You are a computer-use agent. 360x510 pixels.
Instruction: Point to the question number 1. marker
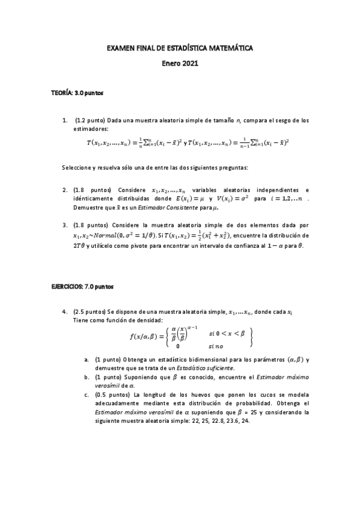[x=64, y=120]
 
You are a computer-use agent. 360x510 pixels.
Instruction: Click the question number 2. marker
[x=64, y=190]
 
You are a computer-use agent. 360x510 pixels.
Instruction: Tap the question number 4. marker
[x=64, y=312]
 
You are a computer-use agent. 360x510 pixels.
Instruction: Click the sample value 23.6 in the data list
[x=230, y=421]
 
